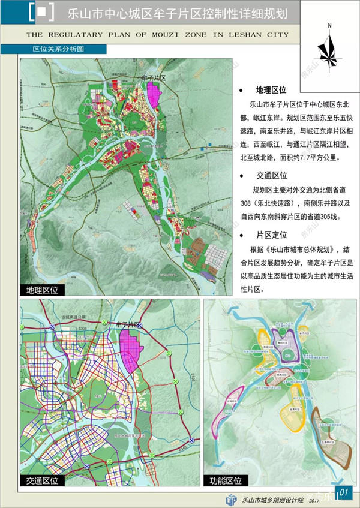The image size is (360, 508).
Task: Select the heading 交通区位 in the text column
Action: pyautogui.click(x=271, y=176)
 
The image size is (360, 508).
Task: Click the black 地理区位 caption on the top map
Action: pyautogui.click(x=42, y=290)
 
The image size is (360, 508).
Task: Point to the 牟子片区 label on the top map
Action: pyautogui.click(x=152, y=78)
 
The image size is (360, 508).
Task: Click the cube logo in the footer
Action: pyautogui.click(x=231, y=499)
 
